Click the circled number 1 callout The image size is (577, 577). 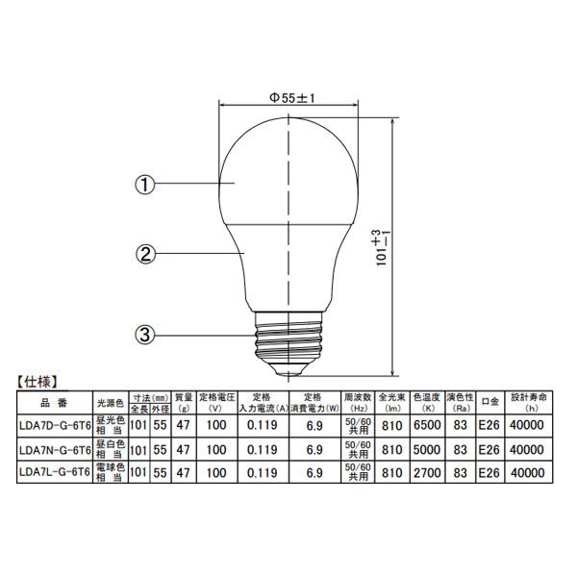pos(144,184)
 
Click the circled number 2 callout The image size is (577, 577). pos(144,255)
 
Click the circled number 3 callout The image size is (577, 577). pos(144,335)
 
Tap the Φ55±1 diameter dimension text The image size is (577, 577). pos(292,97)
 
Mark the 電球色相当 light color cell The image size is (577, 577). pos(110,473)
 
